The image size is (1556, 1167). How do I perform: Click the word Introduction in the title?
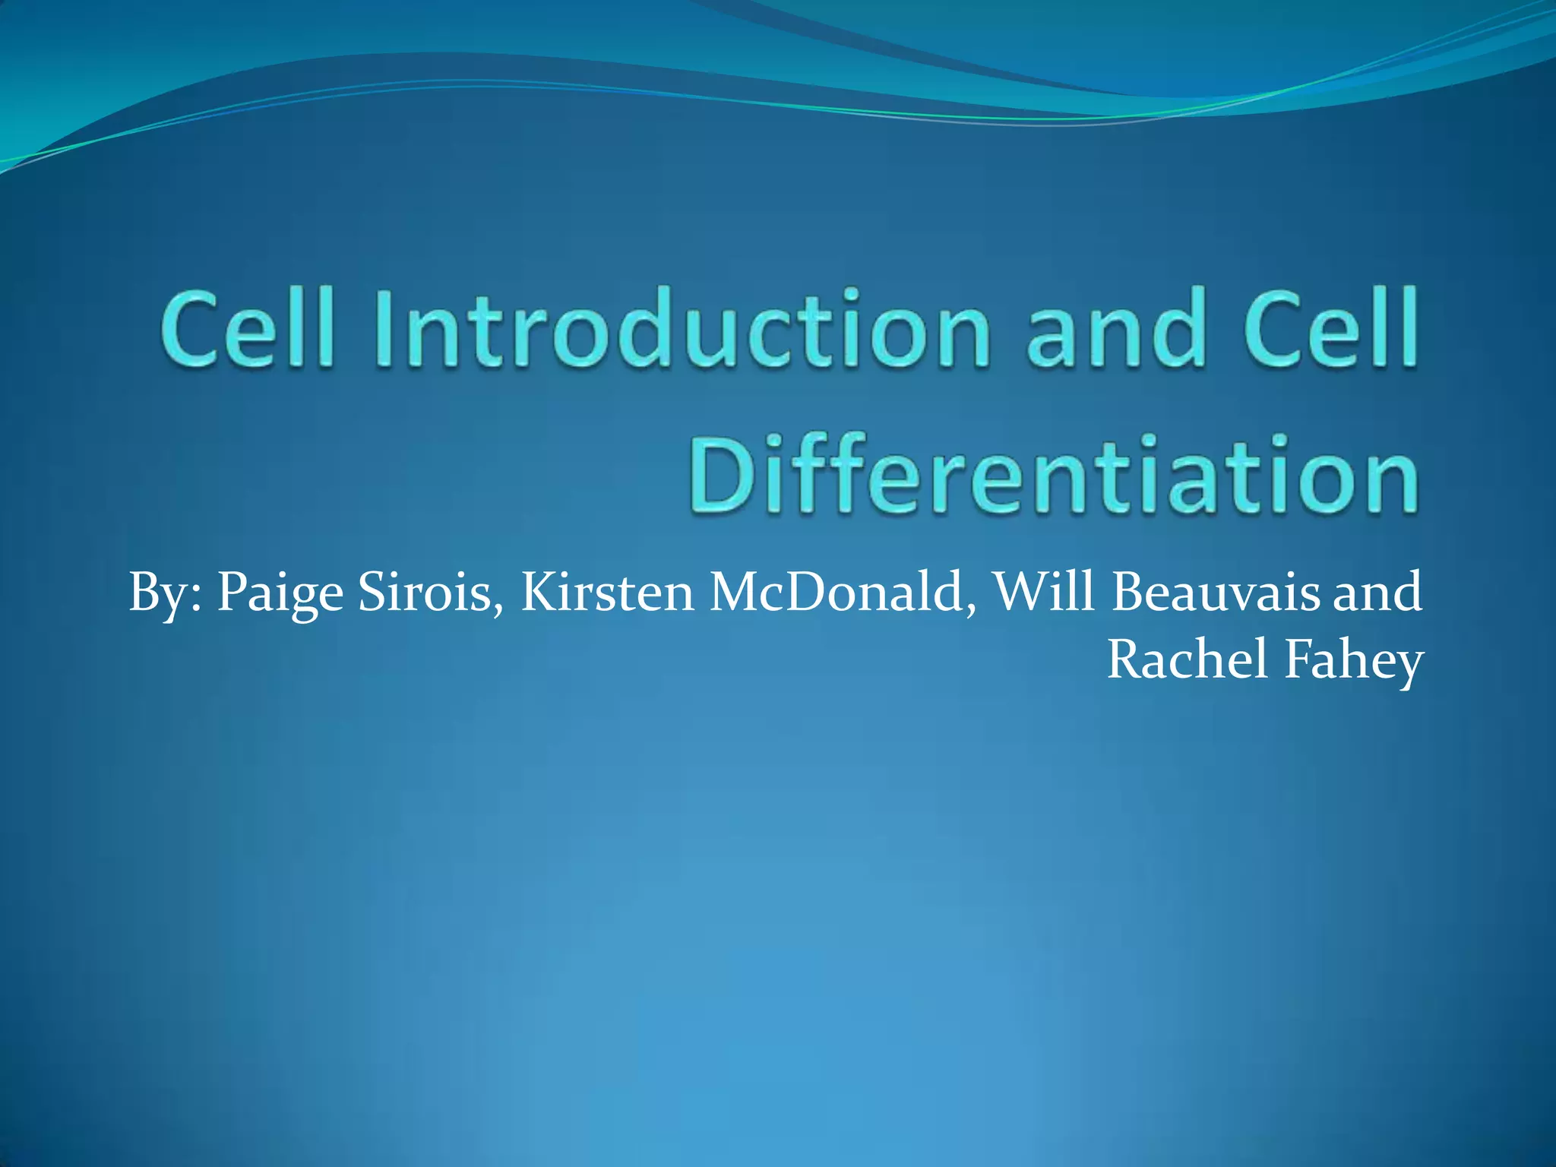pyautogui.click(x=682, y=327)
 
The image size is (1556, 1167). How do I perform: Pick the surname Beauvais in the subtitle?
pyautogui.click(x=1216, y=593)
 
